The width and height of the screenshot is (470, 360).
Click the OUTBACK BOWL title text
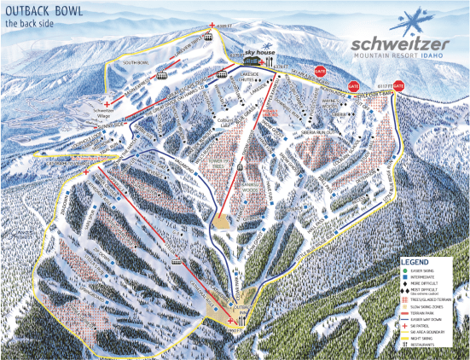[43, 11]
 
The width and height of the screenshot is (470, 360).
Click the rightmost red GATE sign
[397, 85]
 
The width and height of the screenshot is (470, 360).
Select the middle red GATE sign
[353, 86]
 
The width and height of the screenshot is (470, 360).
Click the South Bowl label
[135, 63]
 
